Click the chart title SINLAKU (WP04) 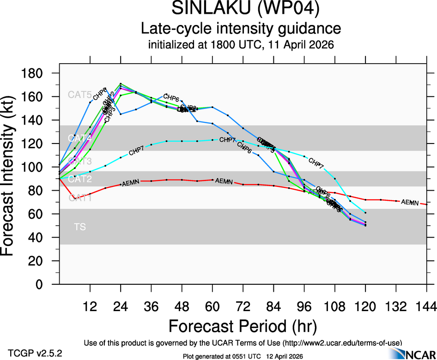pyautogui.click(x=245, y=9)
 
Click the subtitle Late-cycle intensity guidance pyautogui.click(x=241, y=29)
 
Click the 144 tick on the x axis pyautogui.click(x=425, y=306)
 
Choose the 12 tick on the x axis pyautogui.click(x=90, y=306)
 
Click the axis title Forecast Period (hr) pyautogui.click(x=243, y=326)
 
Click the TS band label pyautogui.click(x=79, y=227)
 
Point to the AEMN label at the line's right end pyautogui.click(x=410, y=202)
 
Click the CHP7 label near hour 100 pyautogui.click(x=316, y=162)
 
